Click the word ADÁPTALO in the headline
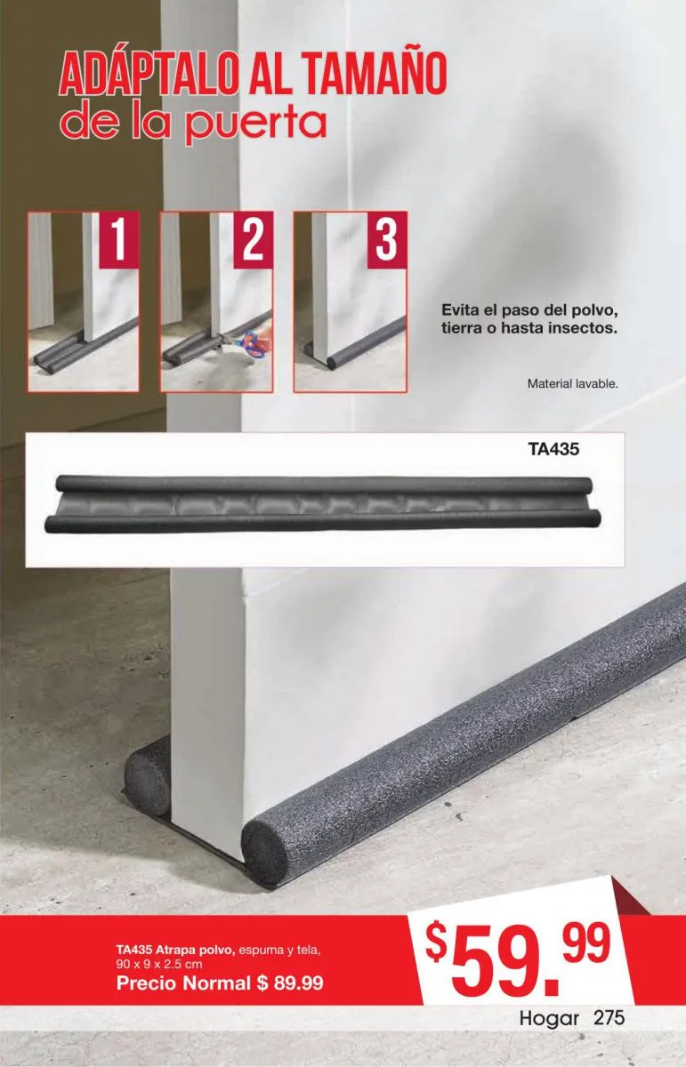click(x=149, y=74)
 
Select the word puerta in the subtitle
click(x=255, y=125)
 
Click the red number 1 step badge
click(x=118, y=241)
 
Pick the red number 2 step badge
click(x=253, y=241)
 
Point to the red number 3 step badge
click(x=387, y=241)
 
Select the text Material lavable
click(x=572, y=383)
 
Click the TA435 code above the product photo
click(x=553, y=449)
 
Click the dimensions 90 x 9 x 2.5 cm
click(x=159, y=964)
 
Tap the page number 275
click(x=609, y=1018)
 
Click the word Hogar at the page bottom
click(x=549, y=1019)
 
